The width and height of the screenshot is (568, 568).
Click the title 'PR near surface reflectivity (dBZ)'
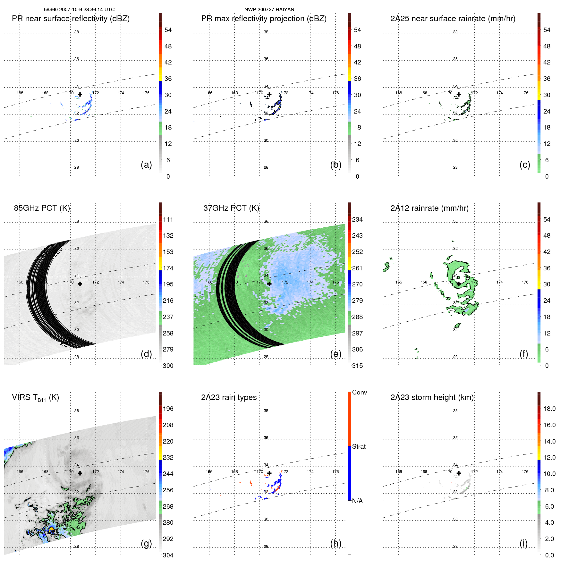point(71,19)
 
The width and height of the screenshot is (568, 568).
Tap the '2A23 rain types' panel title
point(229,397)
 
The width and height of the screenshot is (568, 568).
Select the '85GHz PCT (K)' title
point(42,208)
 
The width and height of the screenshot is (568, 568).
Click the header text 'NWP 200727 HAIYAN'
point(269,10)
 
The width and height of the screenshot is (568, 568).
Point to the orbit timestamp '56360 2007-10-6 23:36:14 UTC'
point(79,10)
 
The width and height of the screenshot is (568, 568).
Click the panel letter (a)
point(146,165)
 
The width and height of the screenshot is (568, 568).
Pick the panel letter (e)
point(335,354)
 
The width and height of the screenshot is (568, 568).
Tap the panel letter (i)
point(523,543)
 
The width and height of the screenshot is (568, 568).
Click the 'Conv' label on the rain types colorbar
point(359,392)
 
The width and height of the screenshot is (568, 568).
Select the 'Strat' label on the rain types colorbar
point(359,446)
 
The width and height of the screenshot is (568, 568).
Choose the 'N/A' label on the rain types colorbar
point(357,501)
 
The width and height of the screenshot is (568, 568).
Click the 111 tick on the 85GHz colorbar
point(168,219)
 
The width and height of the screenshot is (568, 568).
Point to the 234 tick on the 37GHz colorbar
point(357,219)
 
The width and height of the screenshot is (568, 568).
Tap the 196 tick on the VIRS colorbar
point(168,409)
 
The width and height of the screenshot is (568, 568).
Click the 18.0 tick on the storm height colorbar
point(549,409)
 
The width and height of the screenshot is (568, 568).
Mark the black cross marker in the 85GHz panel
point(80,284)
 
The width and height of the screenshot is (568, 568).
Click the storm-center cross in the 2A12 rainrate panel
point(459,284)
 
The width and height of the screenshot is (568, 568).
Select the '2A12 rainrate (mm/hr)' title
point(429,208)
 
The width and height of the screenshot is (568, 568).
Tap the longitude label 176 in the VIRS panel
point(146,471)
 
